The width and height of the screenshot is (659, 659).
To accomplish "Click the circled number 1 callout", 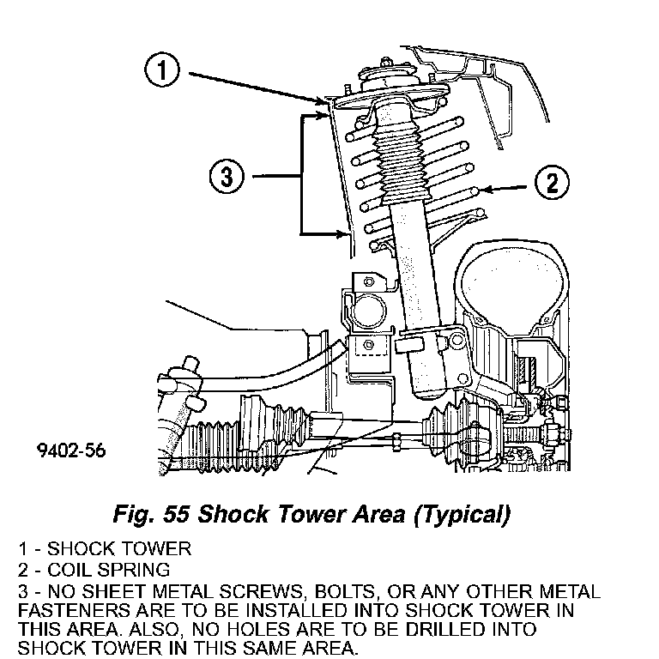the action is point(162,70).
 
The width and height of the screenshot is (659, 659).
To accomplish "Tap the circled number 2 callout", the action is point(552,182).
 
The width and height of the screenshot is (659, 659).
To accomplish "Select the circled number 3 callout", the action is point(227,176).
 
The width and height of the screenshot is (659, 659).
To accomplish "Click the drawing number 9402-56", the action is point(71,450).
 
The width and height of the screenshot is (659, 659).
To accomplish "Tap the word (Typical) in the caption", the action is point(463,515).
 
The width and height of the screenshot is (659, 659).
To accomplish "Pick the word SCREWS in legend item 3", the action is point(262,591).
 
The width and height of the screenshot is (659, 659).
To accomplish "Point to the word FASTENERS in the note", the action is point(75,610).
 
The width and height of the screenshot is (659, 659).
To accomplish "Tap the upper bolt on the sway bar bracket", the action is point(369,281).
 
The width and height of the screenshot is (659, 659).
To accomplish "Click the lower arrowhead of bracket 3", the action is point(342,233).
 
